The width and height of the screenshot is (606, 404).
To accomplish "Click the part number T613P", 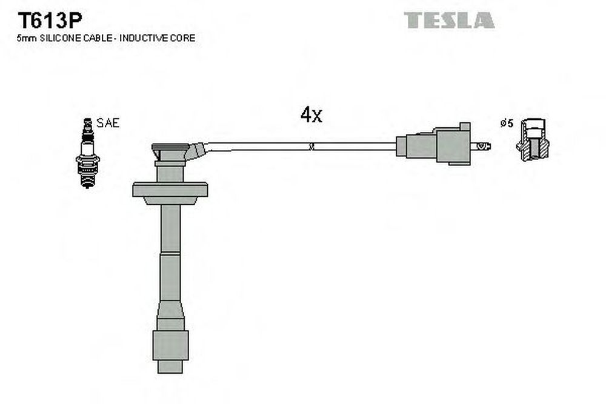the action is coord(50,21).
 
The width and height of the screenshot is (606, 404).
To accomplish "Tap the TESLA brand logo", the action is coord(449,20).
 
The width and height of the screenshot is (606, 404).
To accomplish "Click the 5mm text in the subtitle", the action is coord(27,38).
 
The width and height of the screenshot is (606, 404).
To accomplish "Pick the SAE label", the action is coord(108,123).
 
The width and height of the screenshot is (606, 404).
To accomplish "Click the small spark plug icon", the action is coord(88,153).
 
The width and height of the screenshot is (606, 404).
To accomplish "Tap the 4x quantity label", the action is coord(311,114).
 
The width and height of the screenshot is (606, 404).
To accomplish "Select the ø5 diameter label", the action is coord(506,123).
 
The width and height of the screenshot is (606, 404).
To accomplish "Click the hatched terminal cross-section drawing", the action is coord(533,140).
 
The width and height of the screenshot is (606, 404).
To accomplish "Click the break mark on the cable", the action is coord(311,147).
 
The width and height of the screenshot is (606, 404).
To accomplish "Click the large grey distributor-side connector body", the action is coord(434,144).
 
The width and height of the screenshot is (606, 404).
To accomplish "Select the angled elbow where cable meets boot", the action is coord(197,150).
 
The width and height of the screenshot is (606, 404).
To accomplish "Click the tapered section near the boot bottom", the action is coord(170,310).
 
